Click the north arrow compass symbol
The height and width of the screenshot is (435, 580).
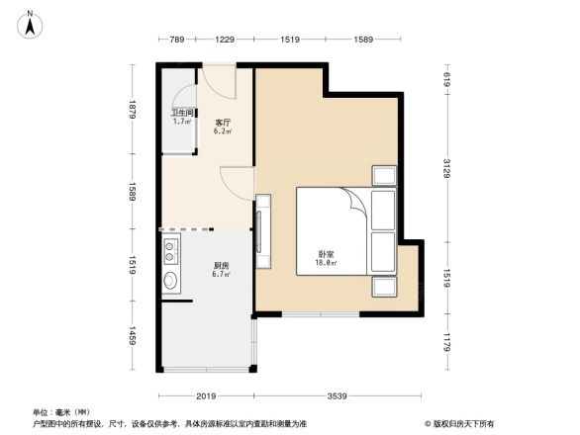pyautogui.click(x=31, y=23)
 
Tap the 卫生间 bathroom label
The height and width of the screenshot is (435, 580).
pyautogui.click(x=181, y=113)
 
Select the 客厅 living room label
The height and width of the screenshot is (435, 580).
pyautogui.click(x=224, y=123)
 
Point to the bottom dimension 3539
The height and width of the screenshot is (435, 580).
pyautogui.click(x=339, y=395)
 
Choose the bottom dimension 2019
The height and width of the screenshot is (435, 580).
pyautogui.click(x=206, y=395)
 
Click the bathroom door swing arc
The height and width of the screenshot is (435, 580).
pyautogui.click(x=183, y=95)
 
